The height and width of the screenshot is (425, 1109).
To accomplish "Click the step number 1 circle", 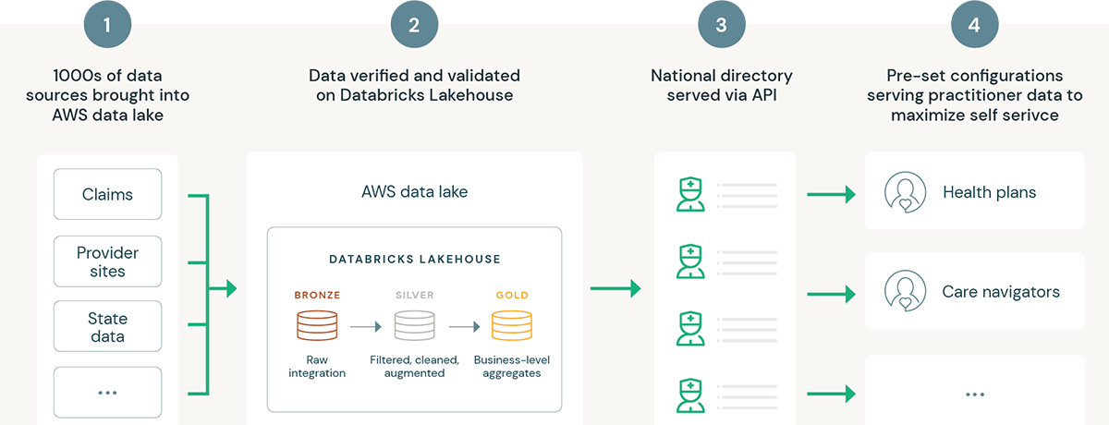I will pos(107,25).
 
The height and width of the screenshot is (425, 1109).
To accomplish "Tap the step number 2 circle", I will pos(414,25).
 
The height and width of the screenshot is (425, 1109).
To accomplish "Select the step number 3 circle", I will pos(722,25).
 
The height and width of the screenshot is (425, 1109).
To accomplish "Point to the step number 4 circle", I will pos(974,25).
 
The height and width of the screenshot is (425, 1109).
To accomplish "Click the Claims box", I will pos(107,194).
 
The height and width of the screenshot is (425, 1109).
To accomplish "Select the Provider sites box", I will pos(107,261).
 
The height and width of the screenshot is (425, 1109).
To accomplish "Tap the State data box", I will pos(107,326).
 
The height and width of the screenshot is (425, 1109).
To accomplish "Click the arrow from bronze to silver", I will pos(365,327).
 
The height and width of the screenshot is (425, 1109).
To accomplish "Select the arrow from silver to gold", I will pos(463,327).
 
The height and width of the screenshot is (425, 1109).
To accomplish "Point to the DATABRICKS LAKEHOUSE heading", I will pos(414,261).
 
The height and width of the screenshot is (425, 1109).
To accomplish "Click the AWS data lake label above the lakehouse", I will pos(414,192).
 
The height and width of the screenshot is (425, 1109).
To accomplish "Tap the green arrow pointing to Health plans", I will pos(831,194).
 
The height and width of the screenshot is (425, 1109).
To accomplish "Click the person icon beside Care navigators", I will pos(905,291).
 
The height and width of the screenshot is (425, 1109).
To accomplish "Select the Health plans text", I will pos(989,193).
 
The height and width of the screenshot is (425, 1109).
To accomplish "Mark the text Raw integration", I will pos(317,366).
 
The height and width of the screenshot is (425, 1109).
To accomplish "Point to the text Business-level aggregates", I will pos(511,366).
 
